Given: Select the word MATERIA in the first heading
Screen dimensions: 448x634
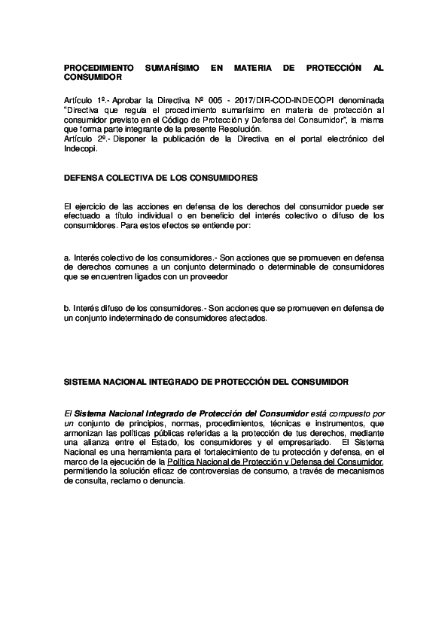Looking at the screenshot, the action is point(254,68).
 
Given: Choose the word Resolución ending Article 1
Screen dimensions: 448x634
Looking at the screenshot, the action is point(230,130).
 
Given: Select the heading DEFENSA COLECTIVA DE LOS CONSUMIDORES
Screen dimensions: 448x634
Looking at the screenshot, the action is point(161,178).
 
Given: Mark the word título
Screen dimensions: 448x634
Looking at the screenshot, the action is point(143,216).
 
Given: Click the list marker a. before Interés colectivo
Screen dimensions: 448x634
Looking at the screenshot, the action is point(68,258).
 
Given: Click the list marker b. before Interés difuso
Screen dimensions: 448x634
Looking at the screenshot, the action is point(68,308).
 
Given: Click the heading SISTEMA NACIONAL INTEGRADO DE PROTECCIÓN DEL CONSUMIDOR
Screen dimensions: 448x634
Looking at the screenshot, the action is point(206,383).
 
